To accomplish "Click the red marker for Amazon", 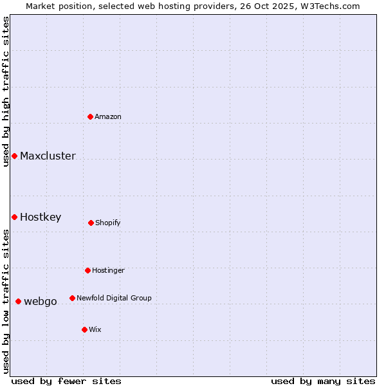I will point(91,116).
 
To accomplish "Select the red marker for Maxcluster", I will point(14,156).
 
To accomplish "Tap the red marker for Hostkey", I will point(14,217).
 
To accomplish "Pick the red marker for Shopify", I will point(91,223).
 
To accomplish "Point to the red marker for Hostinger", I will point(87,270).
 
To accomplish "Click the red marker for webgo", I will point(18,301).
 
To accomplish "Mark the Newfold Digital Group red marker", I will point(72,298).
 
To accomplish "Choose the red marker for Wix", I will point(84,329).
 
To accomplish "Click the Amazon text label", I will point(108,116).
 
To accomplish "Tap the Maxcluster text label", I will point(48,156).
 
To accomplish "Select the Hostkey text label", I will point(41,217).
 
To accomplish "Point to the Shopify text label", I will point(108,223).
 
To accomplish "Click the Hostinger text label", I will point(108,270).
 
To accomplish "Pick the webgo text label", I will point(41,301).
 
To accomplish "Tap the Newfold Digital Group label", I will point(114,298).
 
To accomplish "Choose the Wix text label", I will point(95,329).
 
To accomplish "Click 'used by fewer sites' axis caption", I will point(66,381).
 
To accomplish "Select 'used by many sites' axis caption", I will point(323,381).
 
